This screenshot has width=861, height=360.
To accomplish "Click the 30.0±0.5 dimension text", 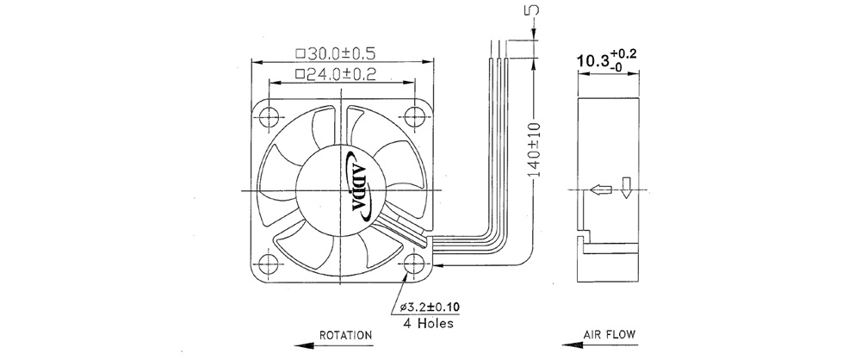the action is point(335,53).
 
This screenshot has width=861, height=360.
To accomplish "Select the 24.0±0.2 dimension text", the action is point(335,75).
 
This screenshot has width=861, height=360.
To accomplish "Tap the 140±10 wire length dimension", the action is point(534,150).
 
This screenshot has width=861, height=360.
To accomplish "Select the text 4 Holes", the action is point(429,323).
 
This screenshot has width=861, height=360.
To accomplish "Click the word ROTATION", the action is point(345,335).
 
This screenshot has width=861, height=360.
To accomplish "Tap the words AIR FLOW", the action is point(610,334).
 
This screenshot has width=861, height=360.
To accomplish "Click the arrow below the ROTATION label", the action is point(333,345).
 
